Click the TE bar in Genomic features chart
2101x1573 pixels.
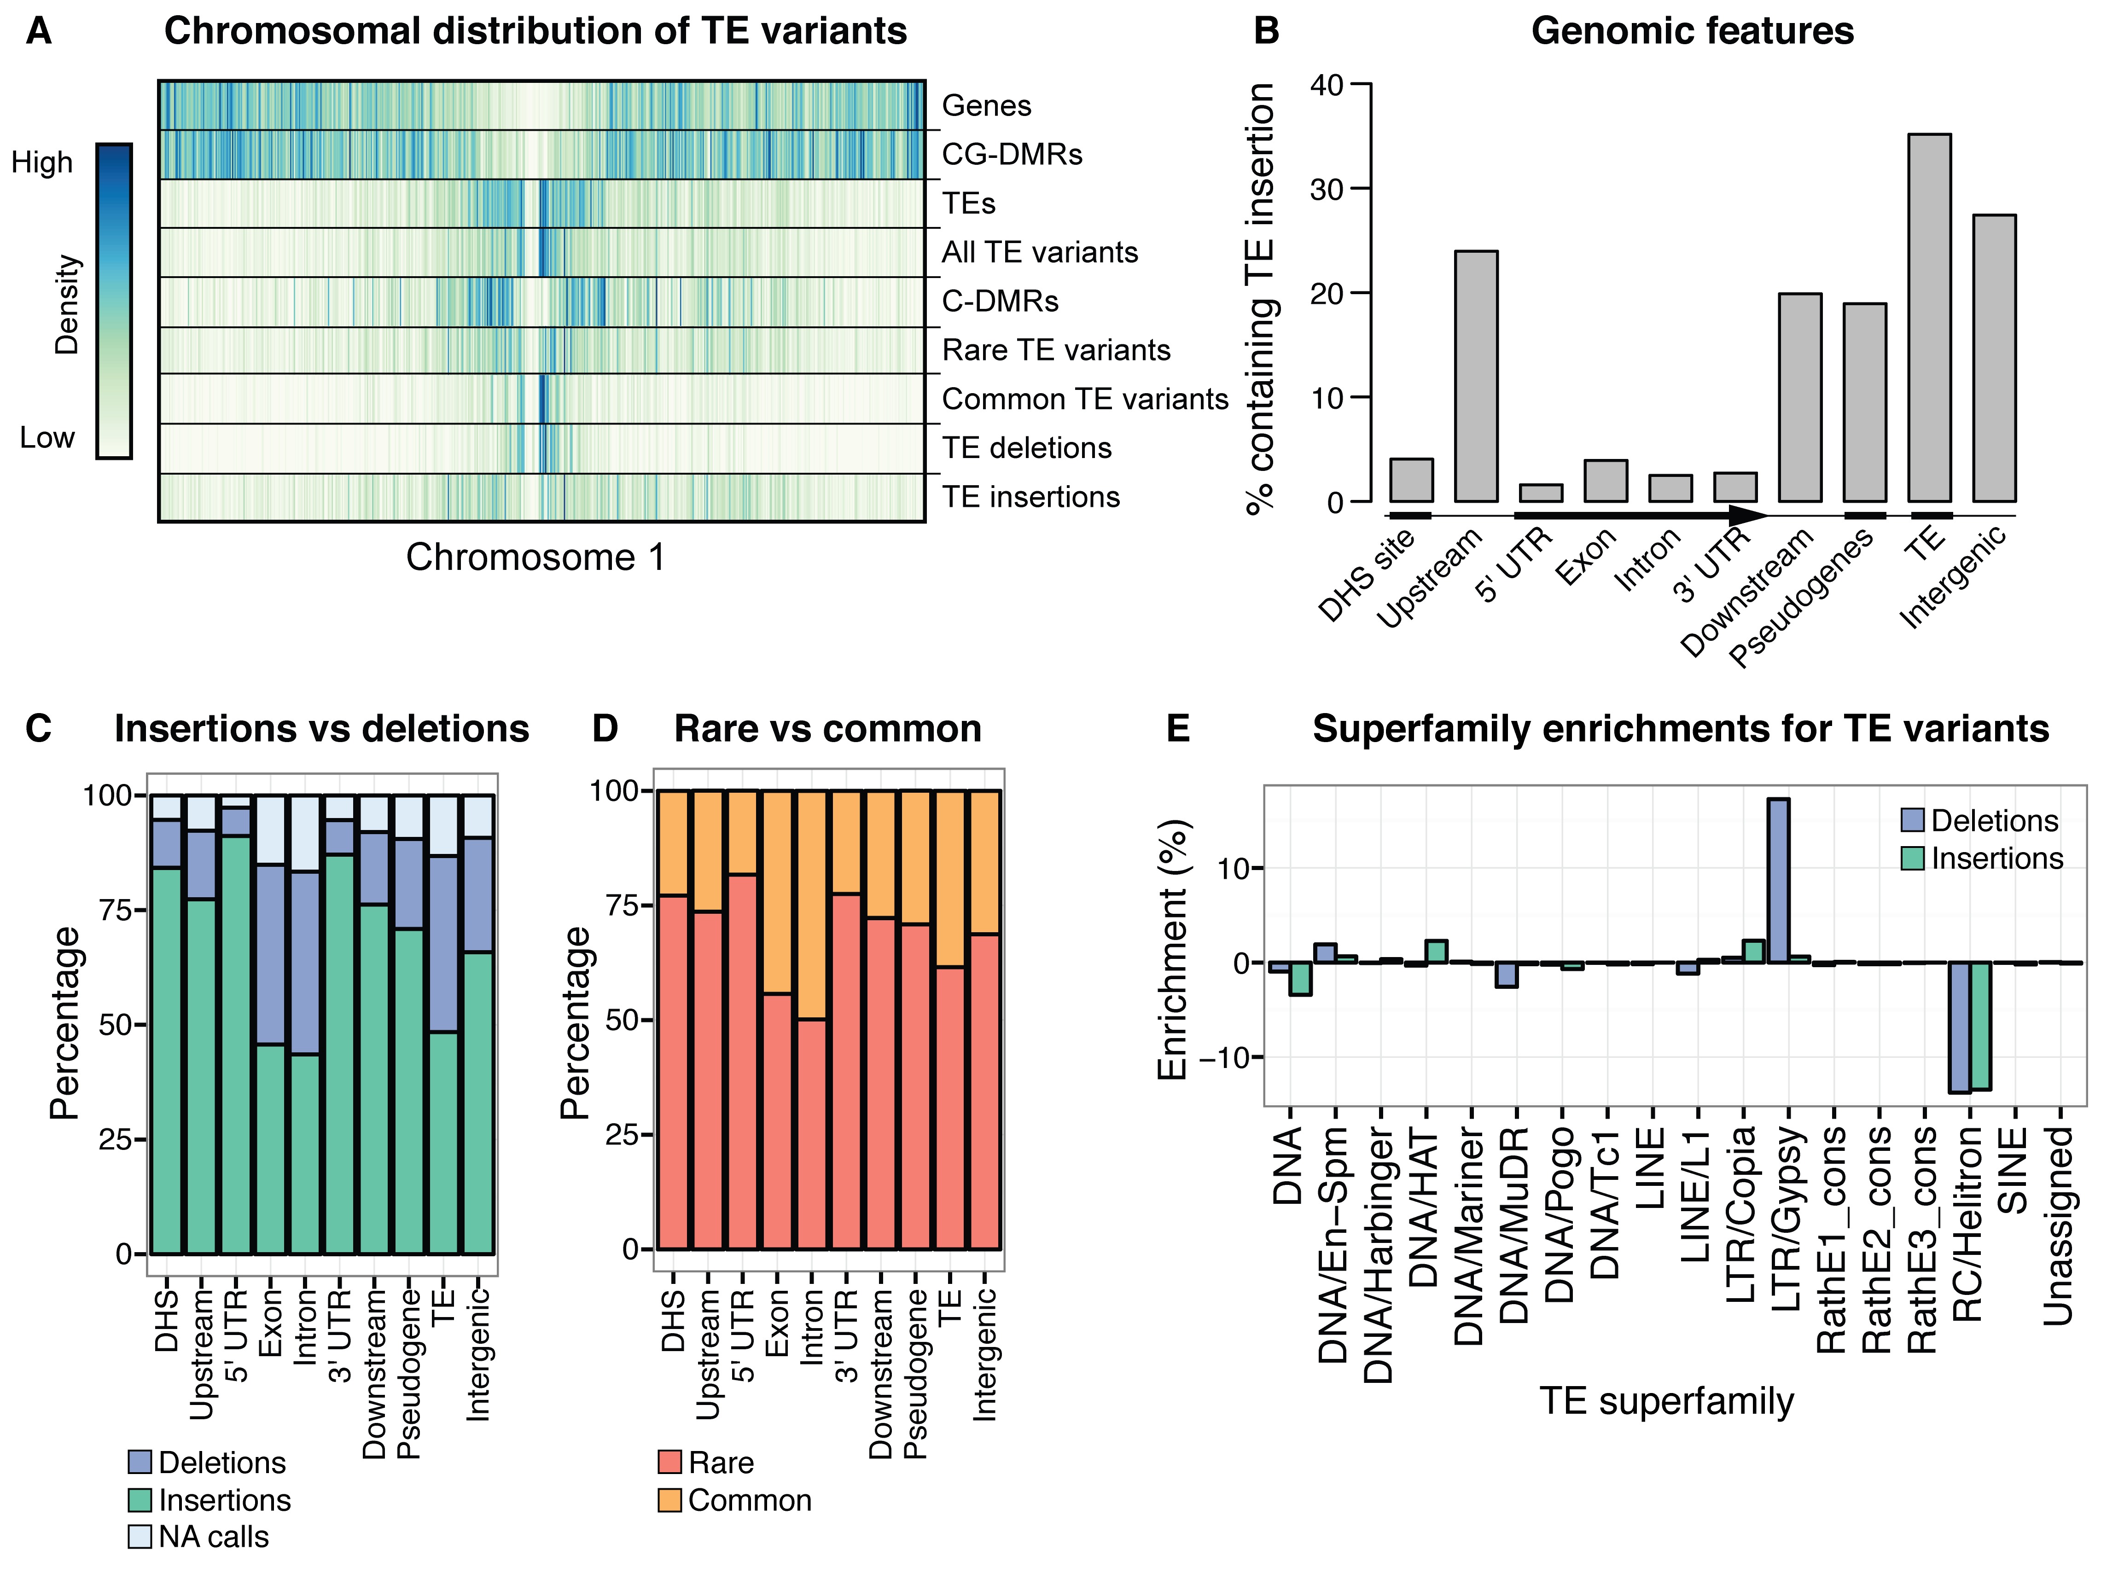point(1929,318)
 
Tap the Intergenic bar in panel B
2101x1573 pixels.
point(1994,358)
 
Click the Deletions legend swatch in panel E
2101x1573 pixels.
point(1912,821)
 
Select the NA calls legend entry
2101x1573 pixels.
point(199,1537)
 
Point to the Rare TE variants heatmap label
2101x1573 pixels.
point(1055,350)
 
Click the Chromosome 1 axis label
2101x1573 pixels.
point(535,557)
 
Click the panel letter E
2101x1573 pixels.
point(1178,729)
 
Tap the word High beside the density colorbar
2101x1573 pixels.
point(42,163)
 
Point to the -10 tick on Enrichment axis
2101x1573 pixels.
point(1225,1057)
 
